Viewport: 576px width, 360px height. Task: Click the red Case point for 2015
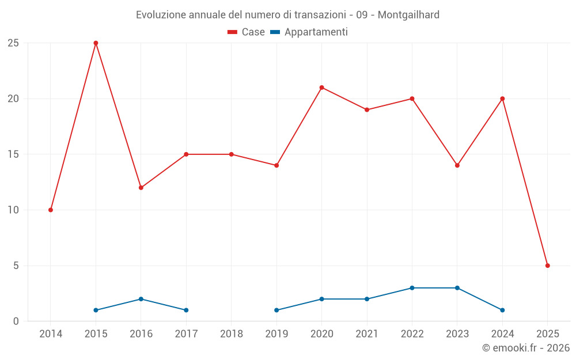pos(96,43)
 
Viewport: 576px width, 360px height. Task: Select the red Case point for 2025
pos(547,266)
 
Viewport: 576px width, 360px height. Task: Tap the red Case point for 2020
pos(321,88)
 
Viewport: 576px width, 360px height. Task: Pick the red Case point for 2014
pos(51,210)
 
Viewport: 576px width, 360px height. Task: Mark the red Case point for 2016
pos(141,188)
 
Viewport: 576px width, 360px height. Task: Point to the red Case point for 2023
pos(457,165)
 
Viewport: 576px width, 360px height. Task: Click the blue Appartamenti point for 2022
pos(412,288)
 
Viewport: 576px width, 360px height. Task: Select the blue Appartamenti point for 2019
pos(276,310)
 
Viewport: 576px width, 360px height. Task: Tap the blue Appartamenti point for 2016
pos(141,299)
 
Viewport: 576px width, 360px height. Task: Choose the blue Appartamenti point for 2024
pos(502,310)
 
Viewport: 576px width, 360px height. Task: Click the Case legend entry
pos(247,32)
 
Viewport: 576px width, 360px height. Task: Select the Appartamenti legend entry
pos(309,32)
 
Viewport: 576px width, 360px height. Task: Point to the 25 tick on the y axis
pos(13,43)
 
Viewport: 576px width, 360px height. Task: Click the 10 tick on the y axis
pos(13,210)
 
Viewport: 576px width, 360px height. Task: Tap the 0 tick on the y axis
pos(16,321)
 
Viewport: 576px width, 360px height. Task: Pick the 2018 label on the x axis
pos(232,334)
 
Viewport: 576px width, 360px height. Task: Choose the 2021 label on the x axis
pos(367,334)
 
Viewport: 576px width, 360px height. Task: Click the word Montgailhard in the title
pos(408,15)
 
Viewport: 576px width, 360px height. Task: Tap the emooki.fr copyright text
pos(525,348)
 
